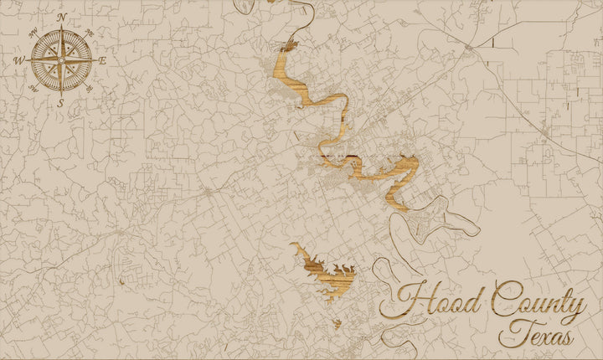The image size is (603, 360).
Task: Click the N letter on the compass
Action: (61, 15)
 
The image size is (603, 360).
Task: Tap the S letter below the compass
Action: (61, 103)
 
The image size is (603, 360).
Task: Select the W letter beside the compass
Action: (18, 59)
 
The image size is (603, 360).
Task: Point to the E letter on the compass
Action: (102, 60)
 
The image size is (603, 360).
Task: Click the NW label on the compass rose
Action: (33, 32)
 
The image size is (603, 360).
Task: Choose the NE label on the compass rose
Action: (89, 32)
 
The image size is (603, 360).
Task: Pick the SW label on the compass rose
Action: (33, 87)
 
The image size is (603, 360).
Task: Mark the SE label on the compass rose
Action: (89, 87)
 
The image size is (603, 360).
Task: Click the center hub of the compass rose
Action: (61, 59)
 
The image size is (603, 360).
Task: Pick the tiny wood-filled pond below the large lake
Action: (337, 323)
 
